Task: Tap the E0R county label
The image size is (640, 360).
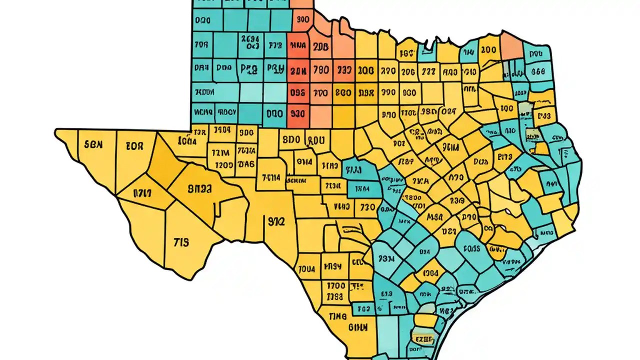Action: point(134,146)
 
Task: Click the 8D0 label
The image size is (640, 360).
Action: point(290,140)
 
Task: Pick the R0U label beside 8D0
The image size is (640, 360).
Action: point(316,140)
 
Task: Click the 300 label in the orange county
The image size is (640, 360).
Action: point(302,20)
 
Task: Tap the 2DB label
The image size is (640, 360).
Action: point(320,47)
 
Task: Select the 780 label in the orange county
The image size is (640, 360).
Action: point(320,70)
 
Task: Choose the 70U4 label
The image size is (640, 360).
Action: point(306,269)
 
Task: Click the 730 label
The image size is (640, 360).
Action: point(367,206)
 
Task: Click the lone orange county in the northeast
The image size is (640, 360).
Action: point(511,45)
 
